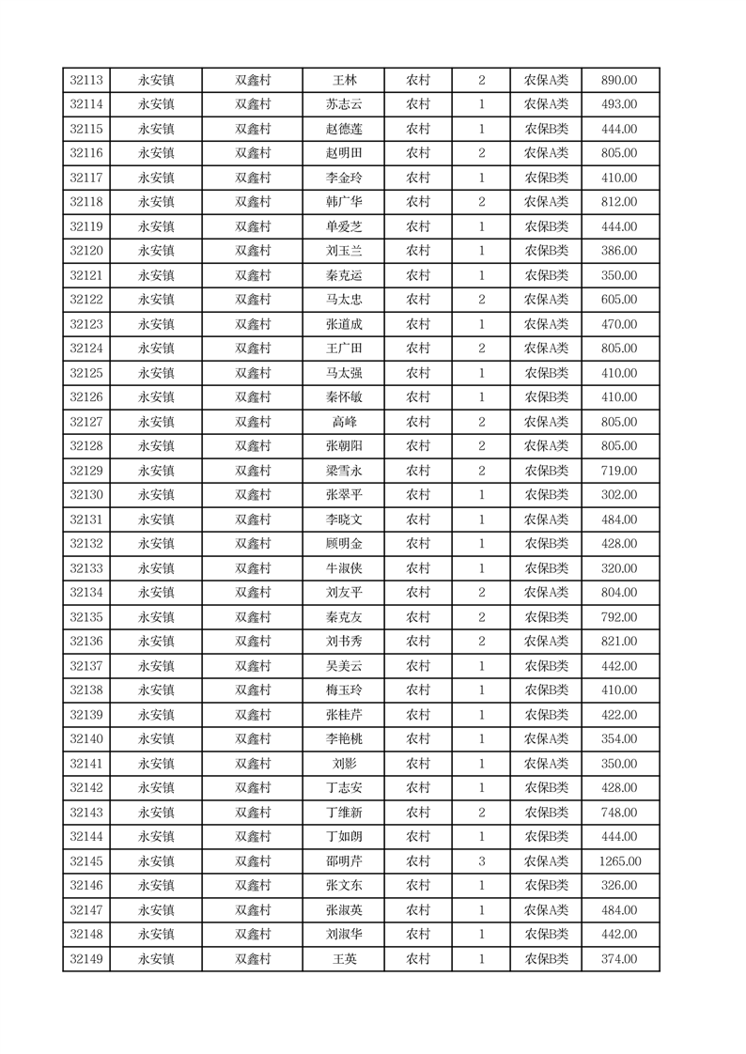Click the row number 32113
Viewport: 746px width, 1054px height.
[86, 81]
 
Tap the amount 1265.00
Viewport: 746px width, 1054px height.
[619, 861]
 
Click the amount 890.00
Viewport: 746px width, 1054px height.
[619, 81]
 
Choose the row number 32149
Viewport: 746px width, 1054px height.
[86, 959]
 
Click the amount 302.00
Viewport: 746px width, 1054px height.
[619, 495]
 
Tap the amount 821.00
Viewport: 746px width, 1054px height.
[619, 642]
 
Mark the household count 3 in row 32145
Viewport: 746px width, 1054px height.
[482, 861]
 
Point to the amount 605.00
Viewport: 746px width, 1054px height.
[619, 300]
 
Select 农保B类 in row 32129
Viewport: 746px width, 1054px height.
[546, 471]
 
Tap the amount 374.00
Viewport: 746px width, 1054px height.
[619, 959]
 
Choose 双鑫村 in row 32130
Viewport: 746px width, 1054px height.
[253, 495]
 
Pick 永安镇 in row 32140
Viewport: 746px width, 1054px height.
[156, 739]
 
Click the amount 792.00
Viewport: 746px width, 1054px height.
[619, 617]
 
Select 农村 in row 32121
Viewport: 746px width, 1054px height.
[418, 275]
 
